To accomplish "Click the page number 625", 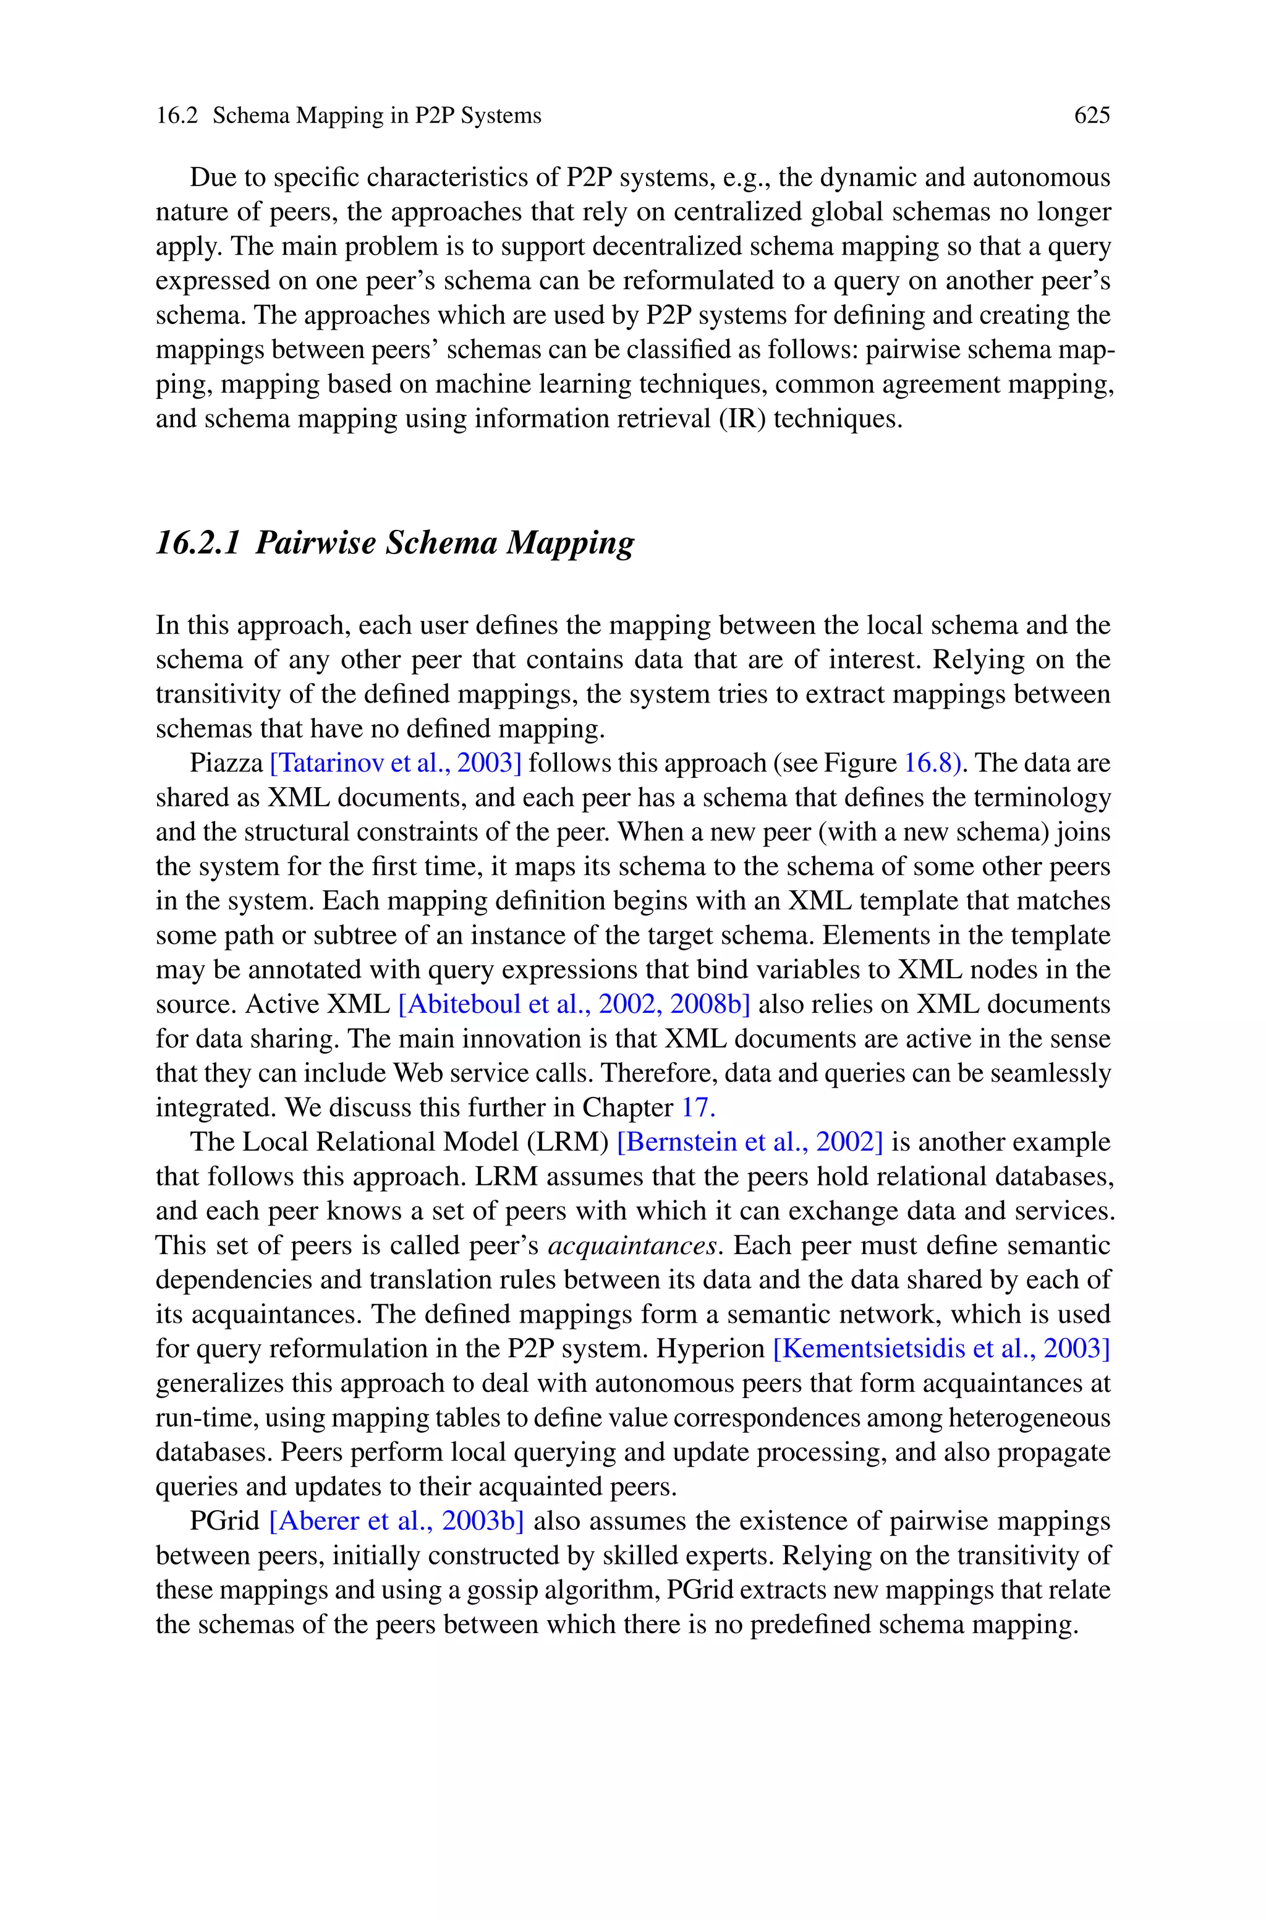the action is pos(1092,116).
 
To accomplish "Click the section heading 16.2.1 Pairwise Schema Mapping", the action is pos(395,542).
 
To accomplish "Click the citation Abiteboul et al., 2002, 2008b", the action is pos(574,1004).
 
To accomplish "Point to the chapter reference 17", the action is pos(697,1107).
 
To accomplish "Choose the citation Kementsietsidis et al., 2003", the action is pos(941,1349).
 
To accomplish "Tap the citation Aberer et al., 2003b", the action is pos(396,1521).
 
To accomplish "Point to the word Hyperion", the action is pos(710,1349).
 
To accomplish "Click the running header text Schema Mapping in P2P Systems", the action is pos(377,116).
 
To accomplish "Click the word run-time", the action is pos(206,1418).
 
